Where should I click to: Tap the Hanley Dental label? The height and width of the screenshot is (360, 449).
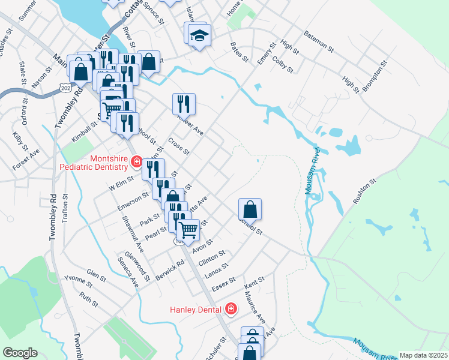(196, 309)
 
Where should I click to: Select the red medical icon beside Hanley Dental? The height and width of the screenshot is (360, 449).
(231, 309)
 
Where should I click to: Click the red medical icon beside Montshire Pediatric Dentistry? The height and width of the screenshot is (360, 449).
(136, 162)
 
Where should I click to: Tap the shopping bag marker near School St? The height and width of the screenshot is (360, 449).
(250, 209)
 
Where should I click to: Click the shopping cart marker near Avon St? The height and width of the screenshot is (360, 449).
(188, 229)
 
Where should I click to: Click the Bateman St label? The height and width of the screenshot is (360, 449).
(318, 40)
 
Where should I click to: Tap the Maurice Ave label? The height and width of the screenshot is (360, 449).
(255, 307)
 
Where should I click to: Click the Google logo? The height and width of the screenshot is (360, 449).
(20, 353)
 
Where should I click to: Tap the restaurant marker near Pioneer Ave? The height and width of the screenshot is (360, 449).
(184, 104)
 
